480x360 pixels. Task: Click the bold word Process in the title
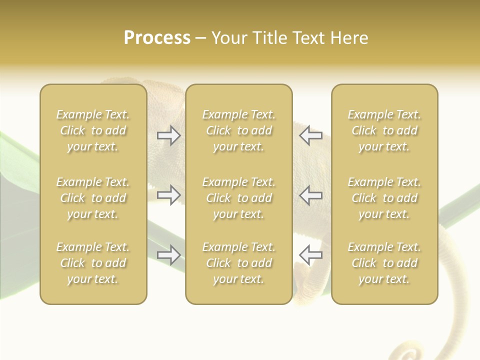pyautogui.click(x=157, y=38)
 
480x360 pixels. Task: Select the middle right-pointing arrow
pyautogui.click(x=169, y=195)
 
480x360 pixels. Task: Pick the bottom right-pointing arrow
pyautogui.click(x=169, y=255)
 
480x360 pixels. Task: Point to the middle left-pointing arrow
pyautogui.click(x=310, y=195)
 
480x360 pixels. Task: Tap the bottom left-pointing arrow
pyautogui.click(x=310, y=255)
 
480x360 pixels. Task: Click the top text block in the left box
pyautogui.click(x=93, y=130)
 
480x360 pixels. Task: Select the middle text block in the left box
pyautogui.click(x=93, y=198)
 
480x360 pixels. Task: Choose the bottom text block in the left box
pyautogui.click(x=93, y=263)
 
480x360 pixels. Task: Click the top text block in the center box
pyautogui.click(x=238, y=130)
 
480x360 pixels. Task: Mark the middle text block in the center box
pyautogui.click(x=238, y=198)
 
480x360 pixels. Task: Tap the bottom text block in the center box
pyautogui.click(x=238, y=263)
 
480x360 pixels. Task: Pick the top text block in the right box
pyautogui.click(x=384, y=130)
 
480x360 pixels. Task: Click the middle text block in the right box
pyautogui.click(x=384, y=198)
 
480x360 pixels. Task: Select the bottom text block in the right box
pyautogui.click(x=384, y=263)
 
